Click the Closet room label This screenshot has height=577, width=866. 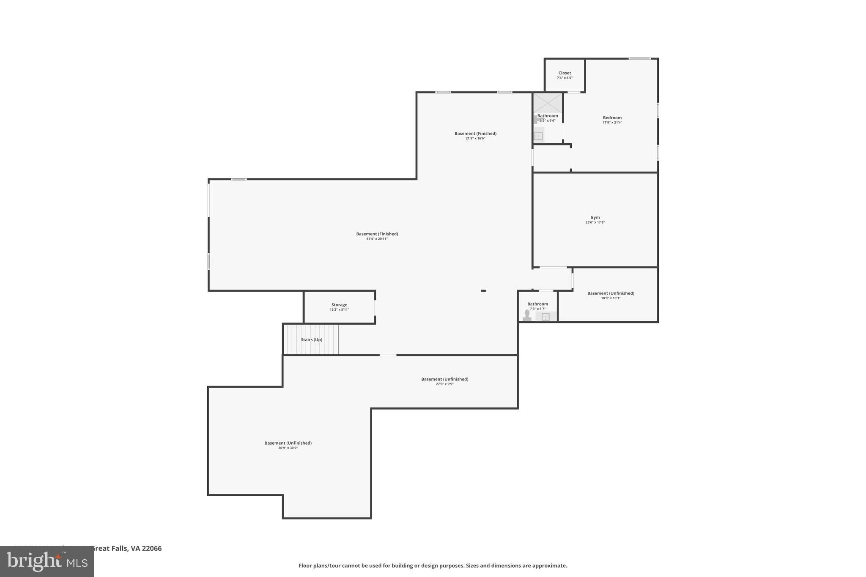point(565,73)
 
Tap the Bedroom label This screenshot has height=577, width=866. point(612,118)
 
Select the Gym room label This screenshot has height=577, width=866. point(595,217)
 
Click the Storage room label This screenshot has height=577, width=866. point(339,305)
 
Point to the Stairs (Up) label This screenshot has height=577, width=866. point(311,340)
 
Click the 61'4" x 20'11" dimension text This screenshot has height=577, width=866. point(377,239)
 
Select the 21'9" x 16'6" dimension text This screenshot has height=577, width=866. point(475,138)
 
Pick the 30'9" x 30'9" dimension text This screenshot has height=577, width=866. point(288,448)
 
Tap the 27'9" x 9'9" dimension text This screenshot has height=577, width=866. point(444,384)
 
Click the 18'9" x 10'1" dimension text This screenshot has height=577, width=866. point(611,298)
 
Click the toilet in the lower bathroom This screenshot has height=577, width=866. point(527,315)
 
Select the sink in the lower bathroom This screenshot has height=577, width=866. point(545,317)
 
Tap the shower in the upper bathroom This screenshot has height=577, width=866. point(547,102)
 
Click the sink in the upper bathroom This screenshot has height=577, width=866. point(538,136)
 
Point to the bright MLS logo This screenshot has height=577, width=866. point(47,561)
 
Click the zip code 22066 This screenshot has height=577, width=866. point(152,548)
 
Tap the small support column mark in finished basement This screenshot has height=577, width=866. point(483,291)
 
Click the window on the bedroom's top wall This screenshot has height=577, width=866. point(639,59)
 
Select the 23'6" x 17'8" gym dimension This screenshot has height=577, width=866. point(595,222)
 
